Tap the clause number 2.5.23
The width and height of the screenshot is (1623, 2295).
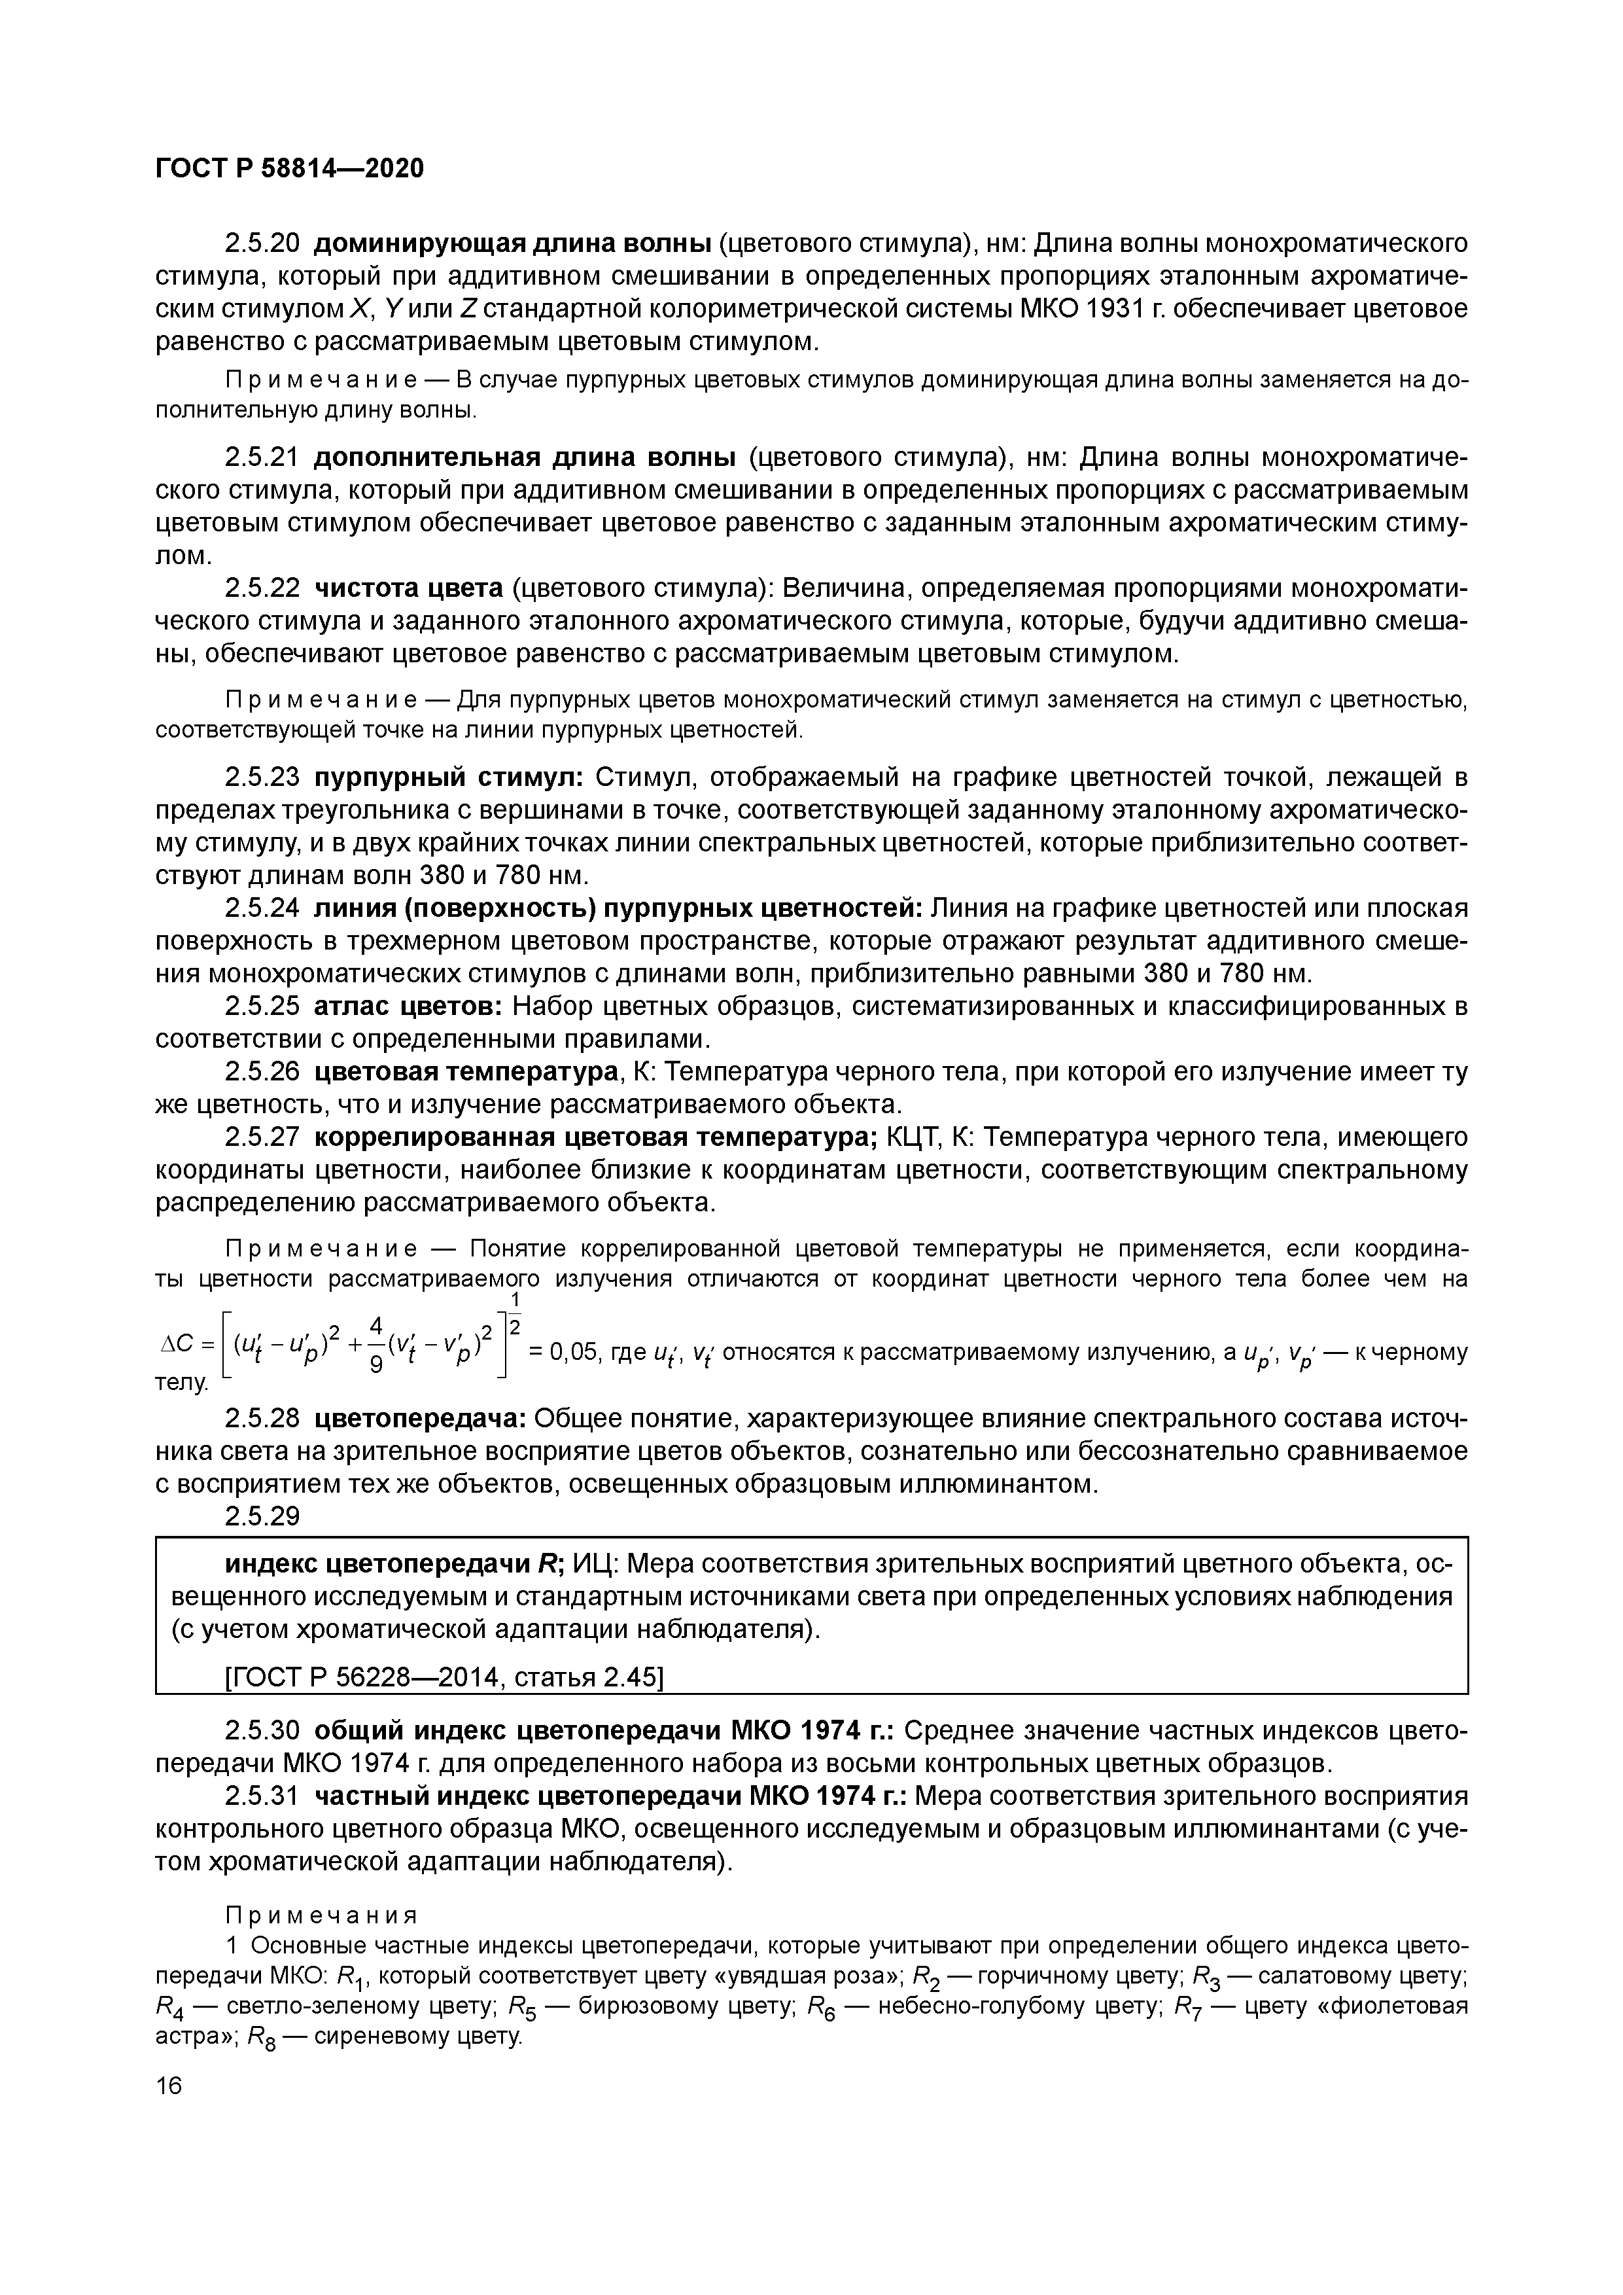click(x=262, y=777)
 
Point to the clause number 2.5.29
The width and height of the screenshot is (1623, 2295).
click(x=262, y=1516)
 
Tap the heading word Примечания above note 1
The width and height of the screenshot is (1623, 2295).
click(x=320, y=1915)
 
